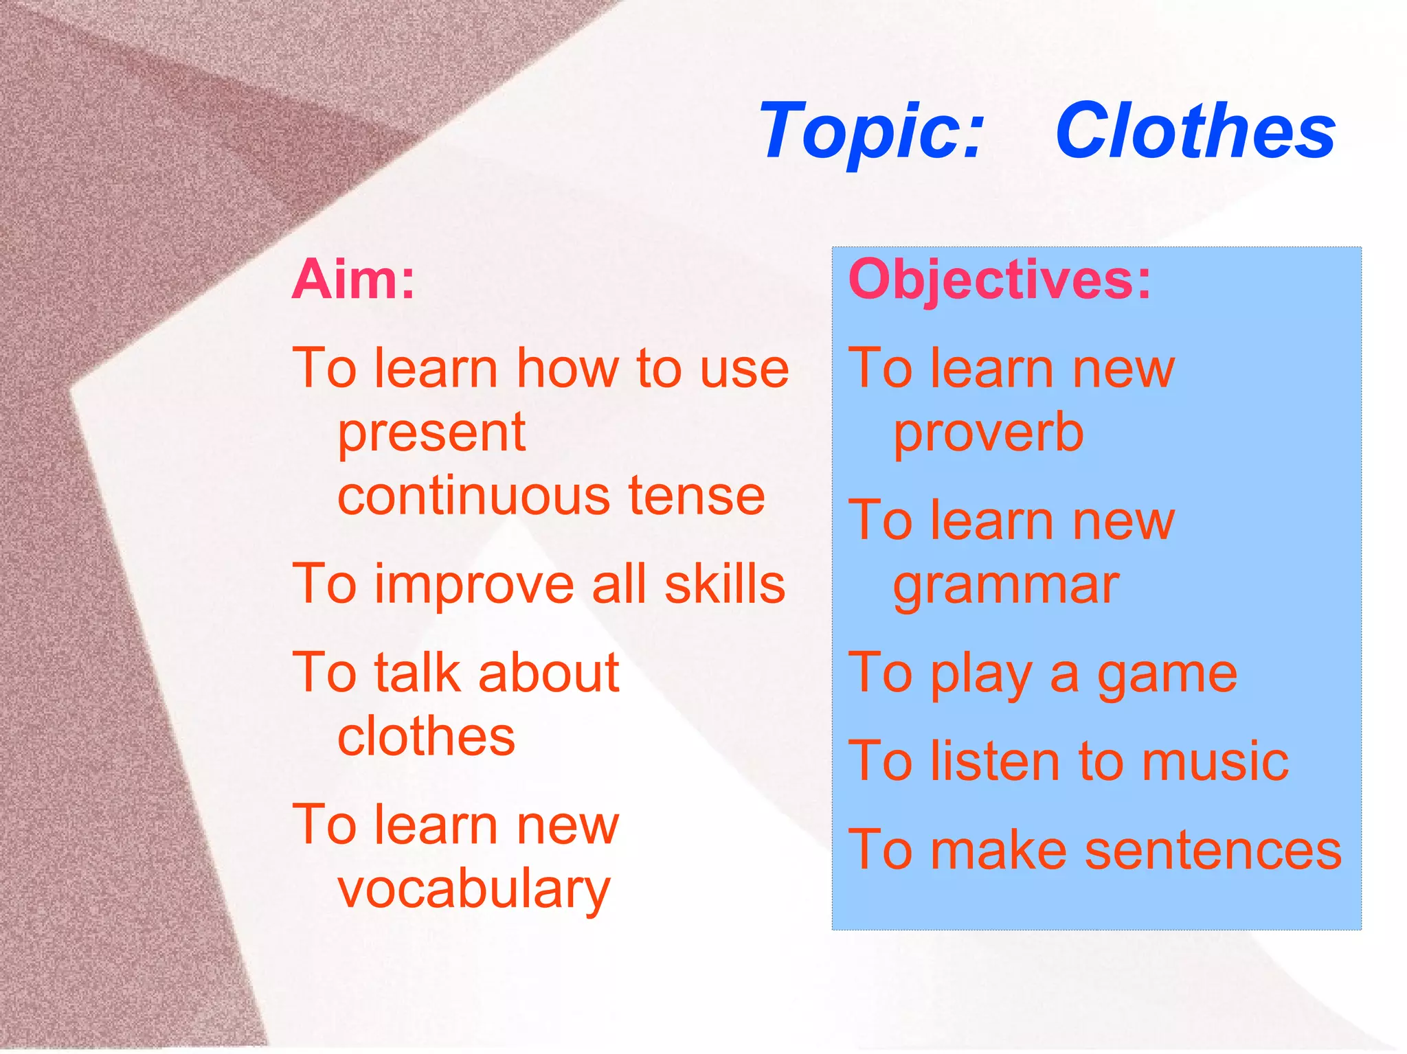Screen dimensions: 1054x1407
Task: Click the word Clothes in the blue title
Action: click(1195, 130)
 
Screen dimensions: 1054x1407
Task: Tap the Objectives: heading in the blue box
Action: click(1000, 279)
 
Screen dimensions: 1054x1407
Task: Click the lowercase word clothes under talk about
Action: click(426, 737)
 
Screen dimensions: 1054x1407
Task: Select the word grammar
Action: click(1006, 586)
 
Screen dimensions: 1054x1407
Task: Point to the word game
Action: click(1167, 674)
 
